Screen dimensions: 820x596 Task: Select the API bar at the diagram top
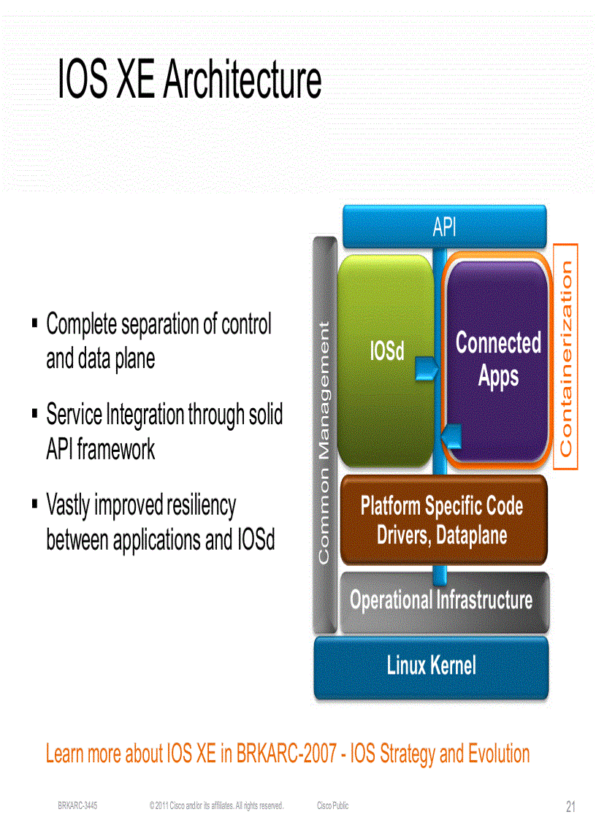444,227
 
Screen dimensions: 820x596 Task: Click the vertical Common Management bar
324,438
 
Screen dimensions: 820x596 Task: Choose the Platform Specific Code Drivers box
443,520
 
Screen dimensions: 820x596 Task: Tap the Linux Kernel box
431,666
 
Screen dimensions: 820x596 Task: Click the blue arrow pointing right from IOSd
425,369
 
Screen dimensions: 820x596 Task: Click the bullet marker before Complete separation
35,322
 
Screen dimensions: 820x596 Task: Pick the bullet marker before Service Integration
35,413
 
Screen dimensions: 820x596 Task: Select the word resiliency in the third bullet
201,505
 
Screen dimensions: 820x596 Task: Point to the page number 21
570,806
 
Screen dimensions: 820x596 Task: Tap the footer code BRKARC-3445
77,805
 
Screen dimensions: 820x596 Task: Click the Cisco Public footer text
332,805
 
